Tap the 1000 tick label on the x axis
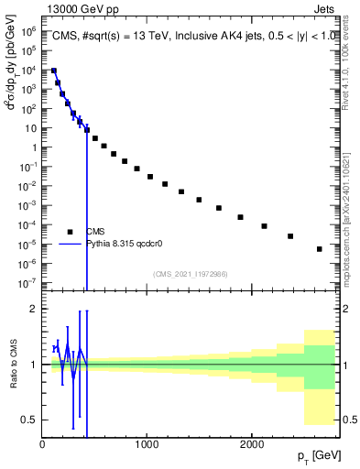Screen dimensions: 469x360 click(x=147, y=443)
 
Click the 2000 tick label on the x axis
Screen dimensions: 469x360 click(x=251, y=443)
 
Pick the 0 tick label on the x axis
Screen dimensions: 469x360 click(x=43, y=443)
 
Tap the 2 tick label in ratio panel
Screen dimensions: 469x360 click(x=34, y=309)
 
